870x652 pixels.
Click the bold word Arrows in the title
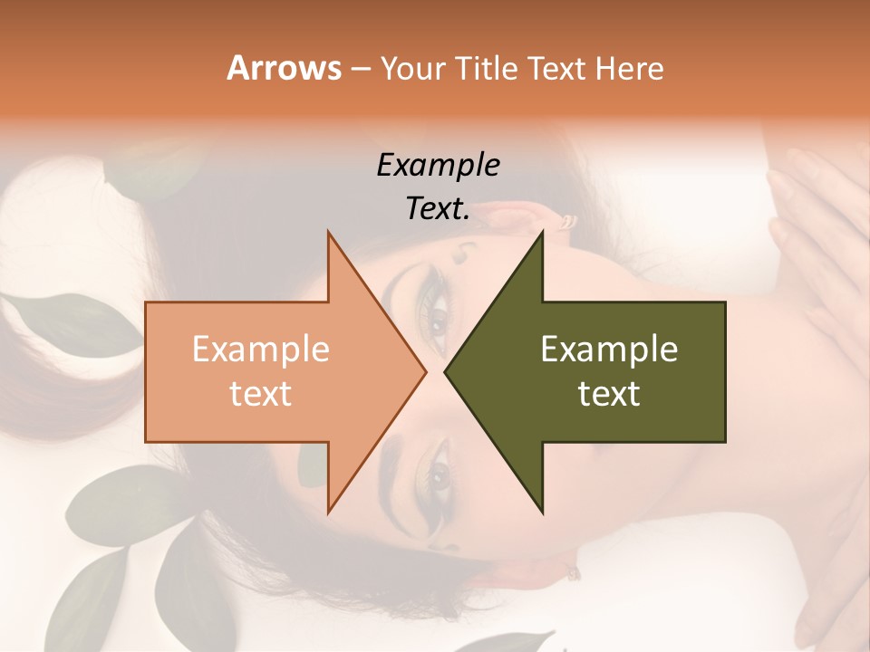tap(284, 68)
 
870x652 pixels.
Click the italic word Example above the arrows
tap(438, 166)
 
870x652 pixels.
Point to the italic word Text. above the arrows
tap(438, 209)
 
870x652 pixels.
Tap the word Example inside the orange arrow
tap(261, 350)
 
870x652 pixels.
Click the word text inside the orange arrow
tap(261, 394)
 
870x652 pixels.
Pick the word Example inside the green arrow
tap(609, 350)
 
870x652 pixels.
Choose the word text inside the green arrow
tap(609, 394)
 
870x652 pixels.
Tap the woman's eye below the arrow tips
tap(439, 474)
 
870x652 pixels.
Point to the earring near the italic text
tap(568, 221)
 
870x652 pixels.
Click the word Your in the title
tap(407, 68)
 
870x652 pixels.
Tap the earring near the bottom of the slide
tap(573, 571)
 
